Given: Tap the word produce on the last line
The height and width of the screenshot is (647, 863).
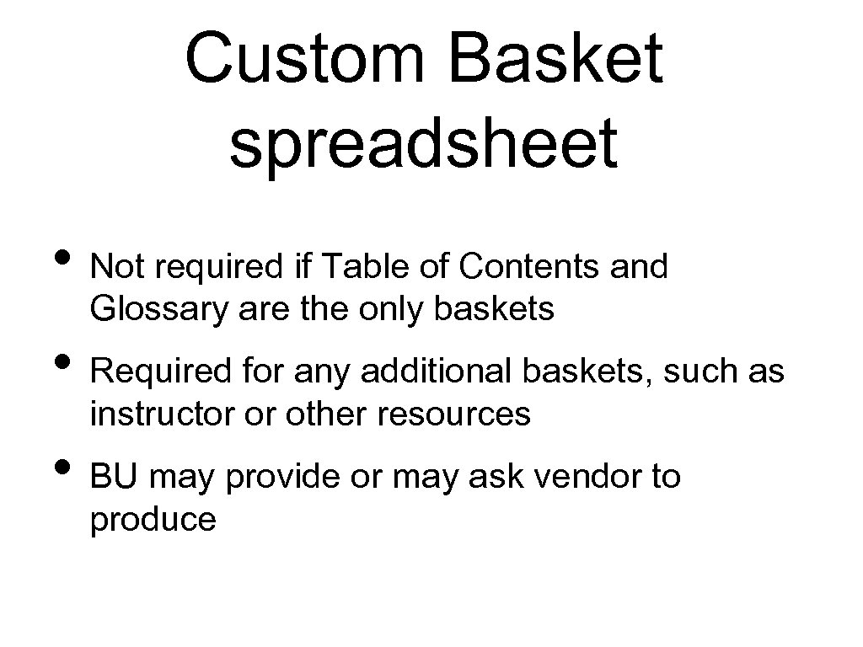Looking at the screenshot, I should pos(153,519).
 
